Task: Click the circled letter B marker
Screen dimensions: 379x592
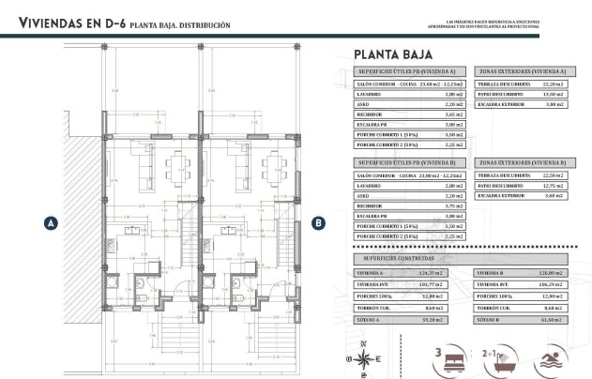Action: pyautogui.click(x=318, y=222)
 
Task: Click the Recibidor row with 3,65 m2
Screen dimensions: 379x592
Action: pyautogui.click(x=408, y=114)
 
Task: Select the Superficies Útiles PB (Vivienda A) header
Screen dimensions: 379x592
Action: pyautogui.click(x=408, y=71)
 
